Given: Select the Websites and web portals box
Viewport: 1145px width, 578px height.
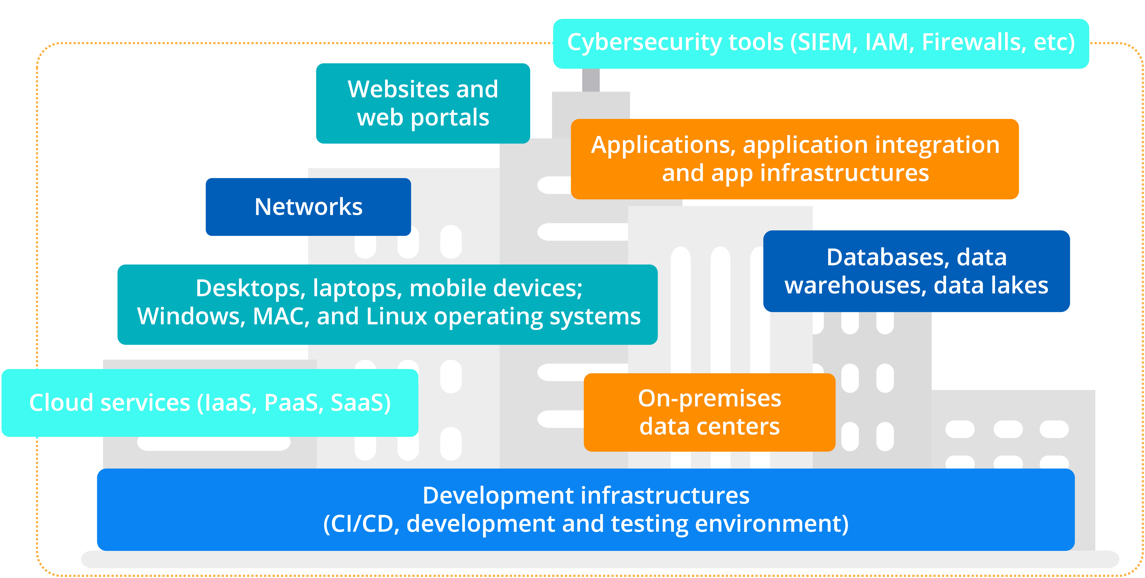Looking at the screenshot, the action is [x=423, y=103].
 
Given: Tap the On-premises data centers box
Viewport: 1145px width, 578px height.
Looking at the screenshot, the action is [x=709, y=413].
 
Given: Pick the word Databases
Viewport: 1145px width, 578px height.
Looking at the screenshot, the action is [x=888, y=257].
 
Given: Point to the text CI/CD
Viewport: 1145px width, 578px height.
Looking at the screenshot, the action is [x=361, y=524].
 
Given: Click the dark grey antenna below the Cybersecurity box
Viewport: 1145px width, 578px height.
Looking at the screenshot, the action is [x=591, y=80].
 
